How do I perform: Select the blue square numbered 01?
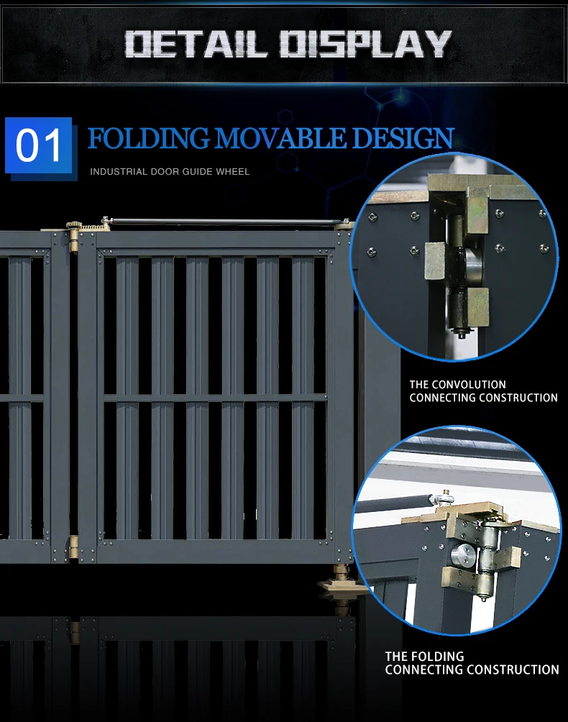tap(39, 146)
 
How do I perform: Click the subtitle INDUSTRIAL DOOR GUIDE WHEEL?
tap(170, 172)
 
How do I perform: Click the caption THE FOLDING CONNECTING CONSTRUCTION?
tap(472, 663)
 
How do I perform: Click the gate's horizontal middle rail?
tap(216, 398)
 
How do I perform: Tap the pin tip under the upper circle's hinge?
tap(457, 333)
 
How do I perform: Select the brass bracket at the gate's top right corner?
tap(344, 224)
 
